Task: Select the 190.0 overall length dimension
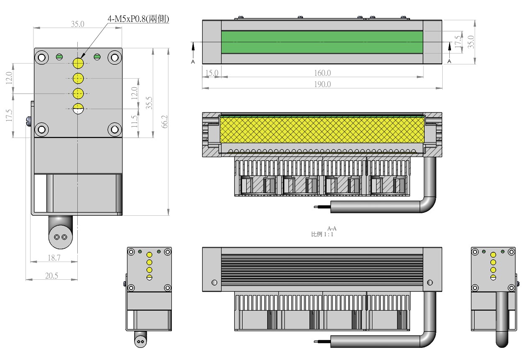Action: (322, 84)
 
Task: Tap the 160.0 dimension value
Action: (322, 73)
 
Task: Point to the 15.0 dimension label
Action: (212, 73)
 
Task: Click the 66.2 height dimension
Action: (165, 122)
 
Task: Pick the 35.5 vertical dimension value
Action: (149, 103)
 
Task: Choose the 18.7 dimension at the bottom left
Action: (54, 258)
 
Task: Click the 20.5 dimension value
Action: (51, 276)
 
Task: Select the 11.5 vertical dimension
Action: (134, 121)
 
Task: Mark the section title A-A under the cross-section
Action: (332, 229)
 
